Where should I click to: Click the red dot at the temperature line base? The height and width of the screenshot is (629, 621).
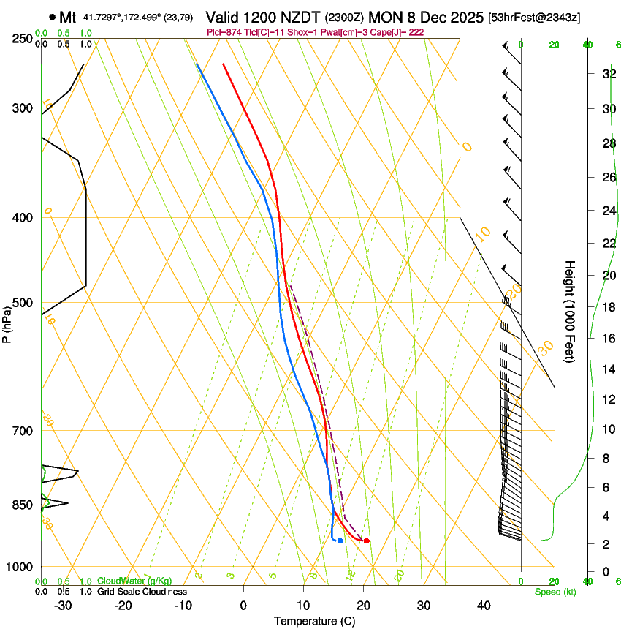(x=366, y=541)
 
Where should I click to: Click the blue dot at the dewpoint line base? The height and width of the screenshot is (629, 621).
(x=340, y=541)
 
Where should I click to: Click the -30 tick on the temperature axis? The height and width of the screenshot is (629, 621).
(x=63, y=606)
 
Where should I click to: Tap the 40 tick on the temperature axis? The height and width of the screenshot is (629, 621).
(x=484, y=606)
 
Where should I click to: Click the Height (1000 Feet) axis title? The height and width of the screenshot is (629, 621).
(x=570, y=311)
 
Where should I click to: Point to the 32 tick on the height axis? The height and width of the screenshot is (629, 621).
(x=607, y=74)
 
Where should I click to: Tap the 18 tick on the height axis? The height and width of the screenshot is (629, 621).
(x=607, y=307)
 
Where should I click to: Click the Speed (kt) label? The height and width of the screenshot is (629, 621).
(x=555, y=592)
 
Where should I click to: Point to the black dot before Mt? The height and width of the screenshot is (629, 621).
(x=53, y=17)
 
